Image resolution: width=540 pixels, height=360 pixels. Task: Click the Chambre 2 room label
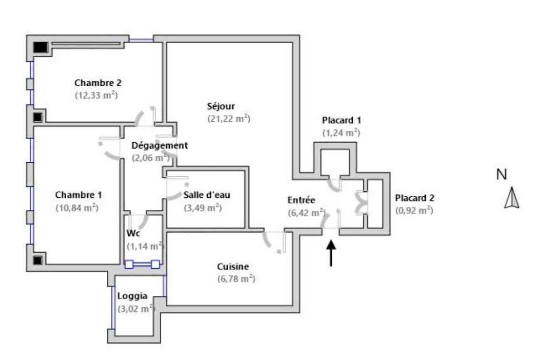(98, 83)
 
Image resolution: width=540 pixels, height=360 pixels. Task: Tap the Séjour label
(221, 106)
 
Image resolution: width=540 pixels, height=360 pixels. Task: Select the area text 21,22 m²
(229, 118)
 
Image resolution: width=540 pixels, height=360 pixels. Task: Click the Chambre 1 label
(79, 194)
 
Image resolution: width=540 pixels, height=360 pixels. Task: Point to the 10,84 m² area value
(77, 208)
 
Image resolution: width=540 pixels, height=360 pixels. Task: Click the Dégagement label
(159, 145)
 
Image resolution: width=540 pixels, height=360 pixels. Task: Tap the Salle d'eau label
(207, 195)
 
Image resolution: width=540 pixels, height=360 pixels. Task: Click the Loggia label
(133, 296)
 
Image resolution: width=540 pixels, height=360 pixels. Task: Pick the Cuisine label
(233, 267)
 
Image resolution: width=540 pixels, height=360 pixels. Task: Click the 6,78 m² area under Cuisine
(236, 279)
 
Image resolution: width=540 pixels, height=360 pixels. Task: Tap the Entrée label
(302, 200)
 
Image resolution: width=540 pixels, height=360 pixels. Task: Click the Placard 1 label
(341, 120)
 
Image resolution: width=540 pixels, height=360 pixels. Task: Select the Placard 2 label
(414, 198)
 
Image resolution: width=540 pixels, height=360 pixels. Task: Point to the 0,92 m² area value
(414, 210)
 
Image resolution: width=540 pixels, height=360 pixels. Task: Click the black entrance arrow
(331, 253)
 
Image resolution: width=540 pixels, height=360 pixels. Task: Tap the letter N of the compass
(502, 174)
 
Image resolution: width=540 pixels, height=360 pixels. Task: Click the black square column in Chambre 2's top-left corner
(41, 47)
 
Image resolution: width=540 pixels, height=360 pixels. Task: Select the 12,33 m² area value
(96, 95)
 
